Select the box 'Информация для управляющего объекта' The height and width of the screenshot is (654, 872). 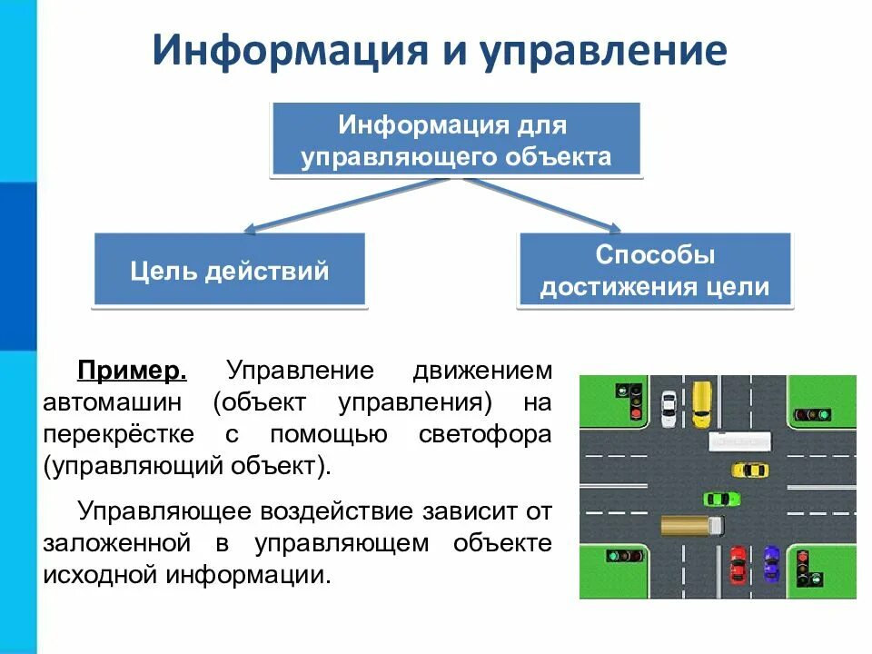click(456, 139)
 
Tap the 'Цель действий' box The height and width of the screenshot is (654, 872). click(230, 270)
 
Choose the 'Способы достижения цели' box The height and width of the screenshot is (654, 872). click(654, 270)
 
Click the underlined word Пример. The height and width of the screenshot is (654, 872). click(133, 372)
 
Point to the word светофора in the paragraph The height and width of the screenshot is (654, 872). click(485, 434)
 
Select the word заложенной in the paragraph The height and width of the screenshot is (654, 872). click(116, 543)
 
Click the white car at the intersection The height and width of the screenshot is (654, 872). click(669, 408)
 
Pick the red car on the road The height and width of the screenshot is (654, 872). click(738, 565)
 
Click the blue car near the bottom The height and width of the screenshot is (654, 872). click(771, 563)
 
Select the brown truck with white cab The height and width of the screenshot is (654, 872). click(692, 524)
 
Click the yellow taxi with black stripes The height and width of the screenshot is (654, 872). click(750, 470)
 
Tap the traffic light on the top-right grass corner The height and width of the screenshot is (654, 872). click(812, 414)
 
